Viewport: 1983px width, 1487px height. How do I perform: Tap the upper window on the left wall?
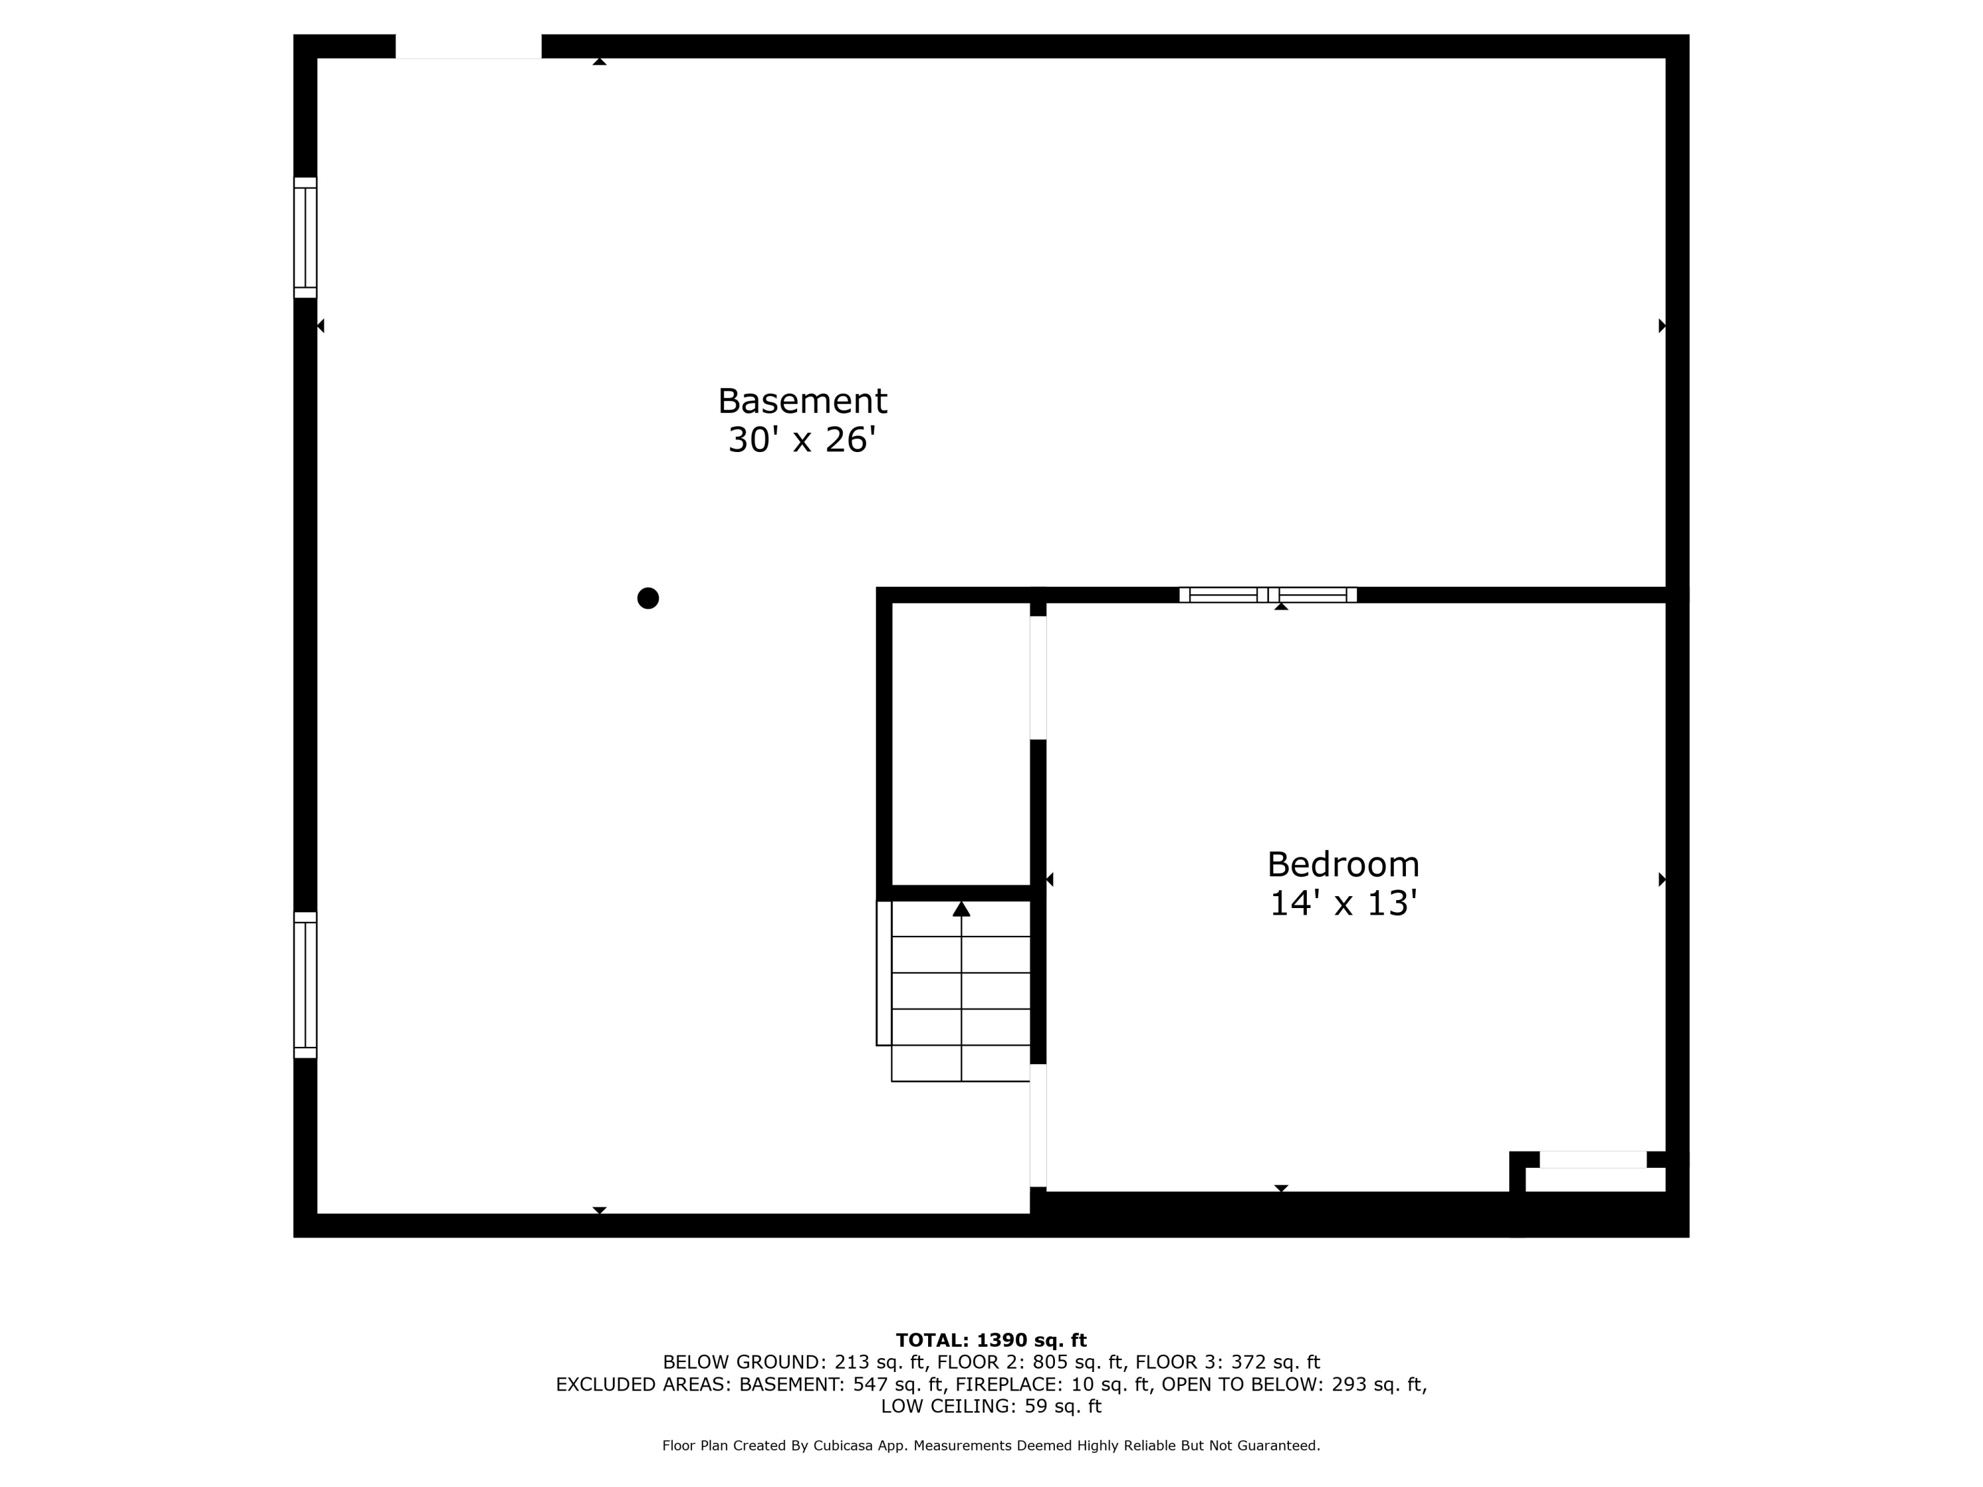pyautogui.click(x=305, y=237)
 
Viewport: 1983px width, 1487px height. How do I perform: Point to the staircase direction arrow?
pyautogui.click(x=961, y=910)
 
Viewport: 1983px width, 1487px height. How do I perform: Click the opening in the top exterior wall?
pyautogui.click(x=468, y=47)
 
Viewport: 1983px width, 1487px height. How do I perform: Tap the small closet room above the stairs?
pyautogui.click(x=960, y=742)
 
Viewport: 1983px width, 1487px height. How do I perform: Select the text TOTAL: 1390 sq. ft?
pyautogui.click(x=991, y=1340)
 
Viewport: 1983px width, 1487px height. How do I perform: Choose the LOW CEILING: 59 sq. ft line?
pyautogui.click(x=991, y=1406)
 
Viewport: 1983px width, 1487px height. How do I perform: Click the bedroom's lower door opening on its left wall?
pyautogui.click(x=1038, y=1125)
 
